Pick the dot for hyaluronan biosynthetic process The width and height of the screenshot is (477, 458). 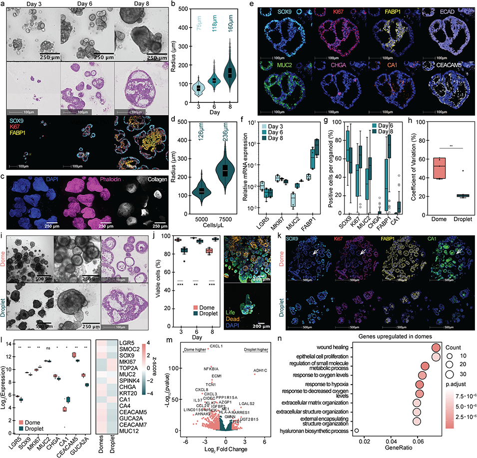coord(357,430)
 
